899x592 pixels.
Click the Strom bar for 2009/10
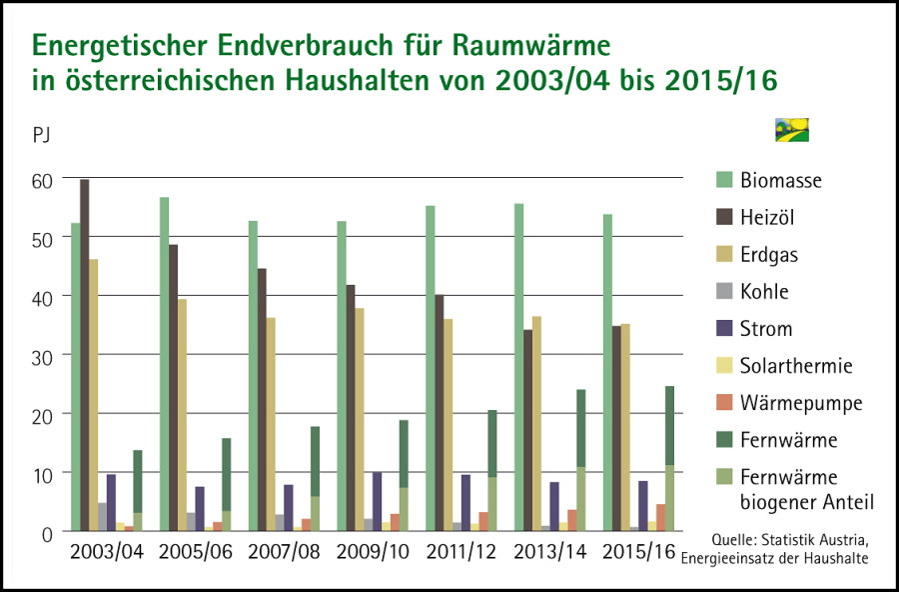(377, 501)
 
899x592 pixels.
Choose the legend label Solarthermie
(796, 366)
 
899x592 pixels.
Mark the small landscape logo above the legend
(791, 130)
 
